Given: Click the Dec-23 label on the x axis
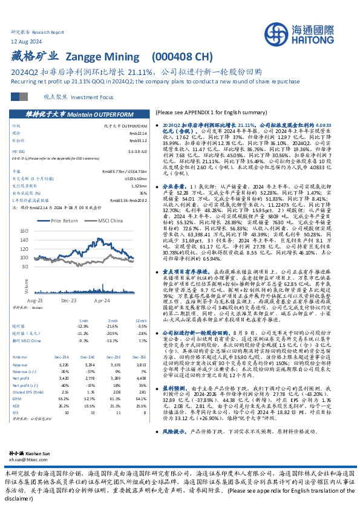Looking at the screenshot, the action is pyautogui.click(x=68, y=299).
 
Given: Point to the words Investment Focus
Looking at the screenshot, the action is pyautogui.click(x=85, y=97).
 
